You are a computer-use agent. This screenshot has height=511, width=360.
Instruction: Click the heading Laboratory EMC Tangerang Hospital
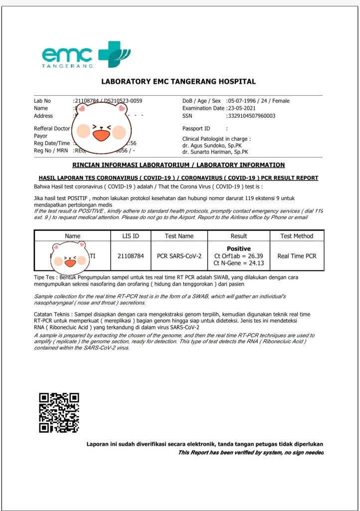tap(179, 81)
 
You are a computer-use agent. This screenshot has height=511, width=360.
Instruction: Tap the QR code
tap(59, 412)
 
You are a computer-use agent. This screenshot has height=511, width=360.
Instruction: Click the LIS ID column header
tap(131, 236)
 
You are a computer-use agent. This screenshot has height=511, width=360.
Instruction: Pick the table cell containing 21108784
tap(131, 256)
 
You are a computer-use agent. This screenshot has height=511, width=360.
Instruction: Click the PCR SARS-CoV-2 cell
tap(179, 256)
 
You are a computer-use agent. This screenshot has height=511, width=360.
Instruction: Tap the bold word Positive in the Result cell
tap(239, 249)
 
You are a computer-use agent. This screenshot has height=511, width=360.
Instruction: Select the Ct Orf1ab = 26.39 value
tap(238, 256)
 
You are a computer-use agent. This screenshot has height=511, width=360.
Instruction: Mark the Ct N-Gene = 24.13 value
tap(238, 263)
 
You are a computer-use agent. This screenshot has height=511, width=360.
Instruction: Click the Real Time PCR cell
tap(297, 256)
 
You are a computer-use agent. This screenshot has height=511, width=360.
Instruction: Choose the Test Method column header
tap(297, 236)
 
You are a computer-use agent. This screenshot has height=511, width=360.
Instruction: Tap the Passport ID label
tap(196, 128)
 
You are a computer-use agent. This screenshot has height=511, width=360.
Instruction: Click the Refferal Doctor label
tap(52, 128)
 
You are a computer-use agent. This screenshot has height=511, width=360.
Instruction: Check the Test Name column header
tap(179, 236)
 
